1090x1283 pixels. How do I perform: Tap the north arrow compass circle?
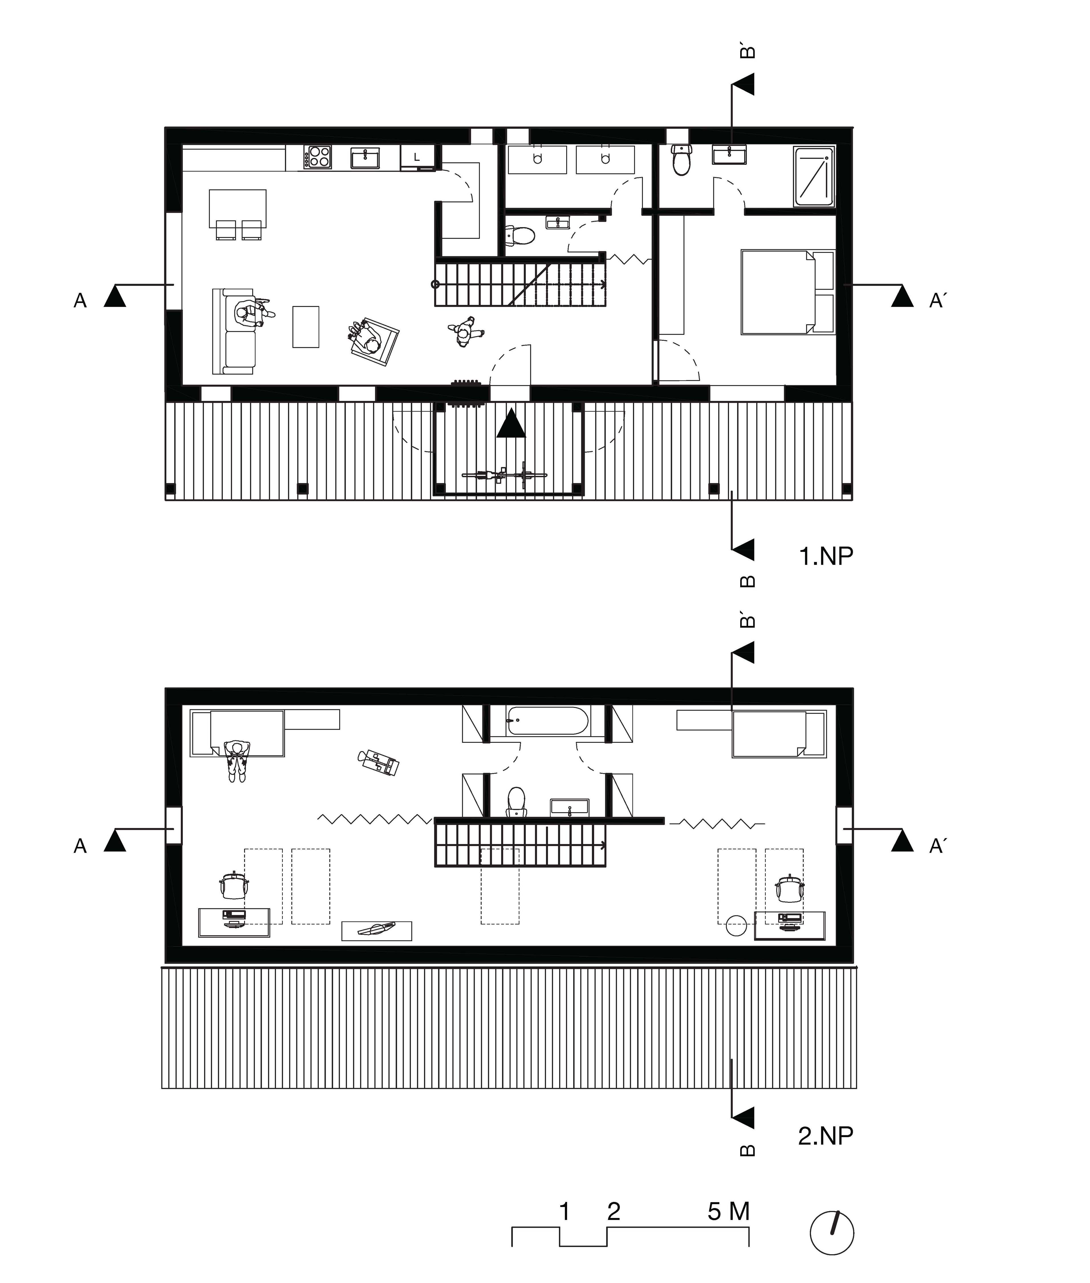click(x=832, y=1232)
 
